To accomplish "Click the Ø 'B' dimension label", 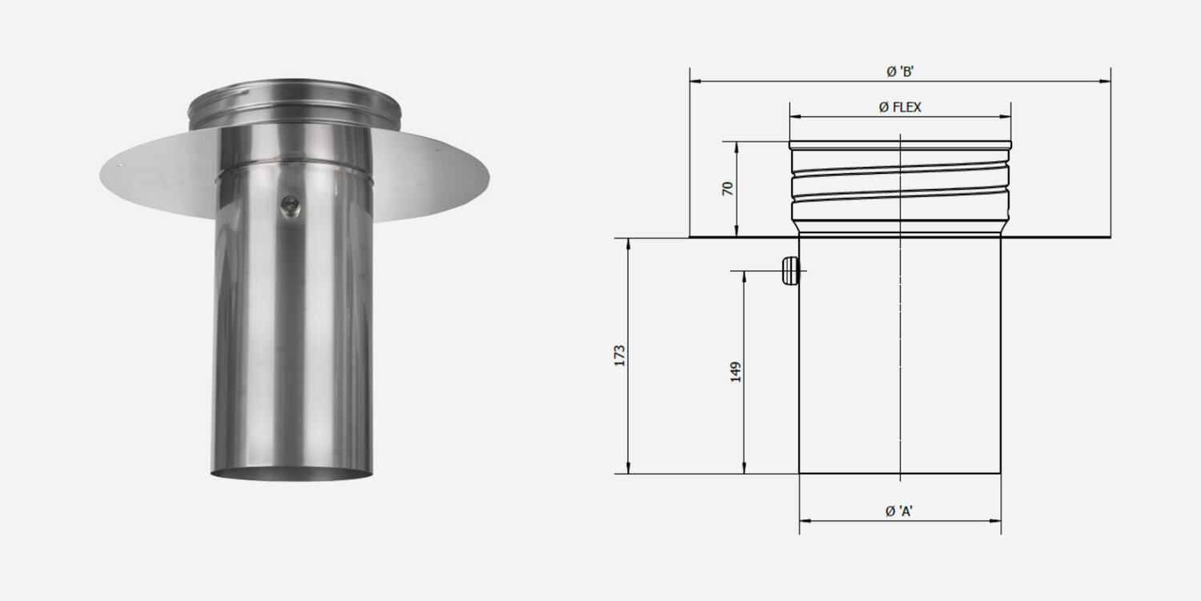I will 900,71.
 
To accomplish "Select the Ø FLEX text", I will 900,107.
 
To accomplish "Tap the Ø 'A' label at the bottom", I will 900,511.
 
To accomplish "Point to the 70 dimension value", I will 728,189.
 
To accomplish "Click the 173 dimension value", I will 619,356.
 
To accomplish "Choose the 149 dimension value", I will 736,371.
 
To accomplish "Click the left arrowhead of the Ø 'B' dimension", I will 693,81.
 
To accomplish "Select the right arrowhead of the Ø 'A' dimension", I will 997,521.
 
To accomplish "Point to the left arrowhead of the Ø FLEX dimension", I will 793,117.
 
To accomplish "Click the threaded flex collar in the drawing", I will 900,188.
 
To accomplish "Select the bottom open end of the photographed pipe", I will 291,474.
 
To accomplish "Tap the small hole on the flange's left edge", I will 120,166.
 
